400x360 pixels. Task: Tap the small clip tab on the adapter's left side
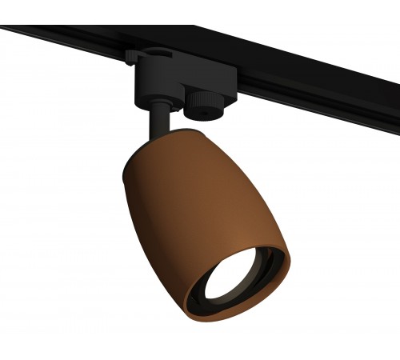click(130, 58)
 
